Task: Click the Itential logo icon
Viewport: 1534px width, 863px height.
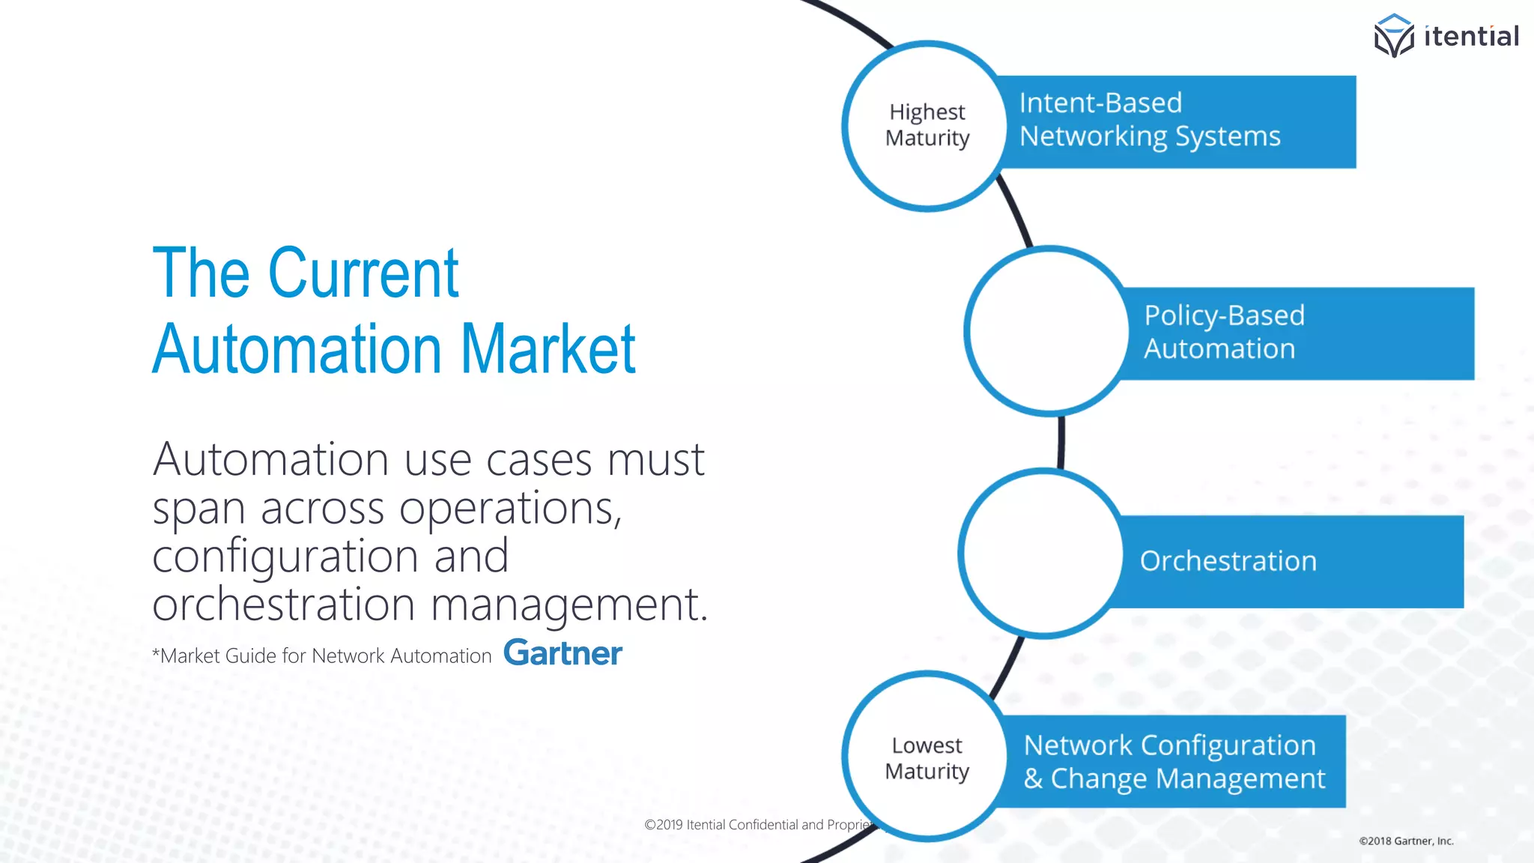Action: pyautogui.click(x=1393, y=36)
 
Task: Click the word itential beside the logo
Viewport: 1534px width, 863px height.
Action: pyautogui.click(x=1471, y=36)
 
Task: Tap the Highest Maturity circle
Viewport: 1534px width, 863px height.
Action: pyautogui.click(x=927, y=125)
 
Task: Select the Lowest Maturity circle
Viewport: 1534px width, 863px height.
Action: pyautogui.click(x=927, y=757)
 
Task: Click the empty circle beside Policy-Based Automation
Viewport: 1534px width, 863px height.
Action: pyautogui.click(x=1048, y=330)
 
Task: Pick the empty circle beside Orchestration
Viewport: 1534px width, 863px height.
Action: pyautogui.click(x=1042, y=554)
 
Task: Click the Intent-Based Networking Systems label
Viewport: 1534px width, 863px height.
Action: pyautogui.click(x=1150, y=120)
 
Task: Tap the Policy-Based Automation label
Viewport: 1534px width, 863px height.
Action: pyautogui.click(x=1224, y=332)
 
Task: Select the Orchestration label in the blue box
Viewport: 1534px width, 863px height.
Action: pyautogui.click(x=1228, y=561)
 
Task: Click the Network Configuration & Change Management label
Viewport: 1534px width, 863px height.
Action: pyautogui.click(x=1174, y=762)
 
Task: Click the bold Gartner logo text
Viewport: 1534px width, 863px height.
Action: pyautogui.click(x=563, y=653)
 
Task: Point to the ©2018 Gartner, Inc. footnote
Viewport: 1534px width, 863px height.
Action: pyautogui.click(x=1406, y=841)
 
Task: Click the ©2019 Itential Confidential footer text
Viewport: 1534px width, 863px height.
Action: pyautogui.click(x=758, y=825)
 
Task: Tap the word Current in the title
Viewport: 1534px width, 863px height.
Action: pyautogui.click(x=363, y=273)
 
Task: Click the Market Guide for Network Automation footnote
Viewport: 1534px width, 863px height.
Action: pyautogui.click(x=323, y=656)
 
